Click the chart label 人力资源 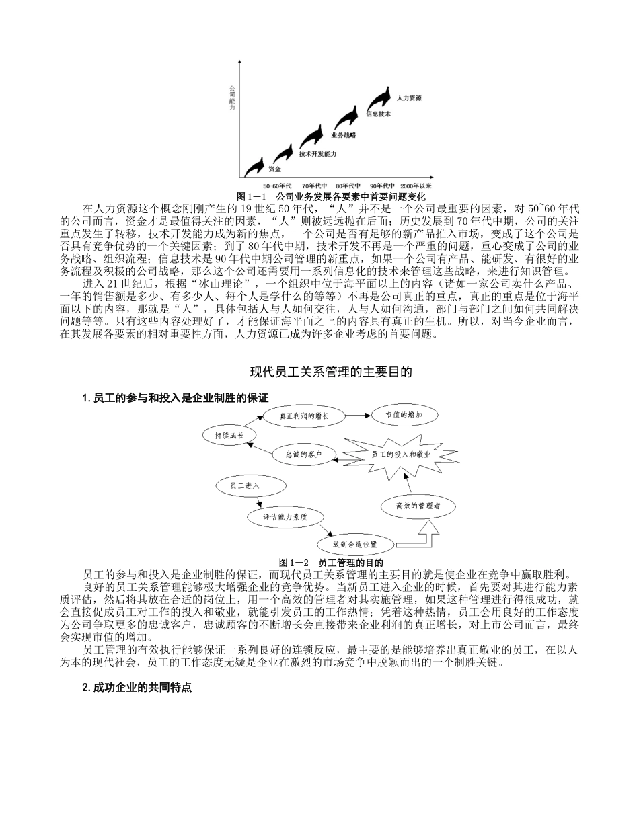click(409, 98)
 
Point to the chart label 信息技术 click(378, 115)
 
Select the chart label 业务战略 click(344, 135)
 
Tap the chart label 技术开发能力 click(317, 154)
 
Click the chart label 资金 click(274, 169)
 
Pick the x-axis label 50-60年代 click(277, 185)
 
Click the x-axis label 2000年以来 click(416, 185)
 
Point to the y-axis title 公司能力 click(232, 98)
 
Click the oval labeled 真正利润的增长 click(305, 416)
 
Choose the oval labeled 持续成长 click(229, 435)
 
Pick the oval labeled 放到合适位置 click(354, 543)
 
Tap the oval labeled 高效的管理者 click(418, 505)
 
